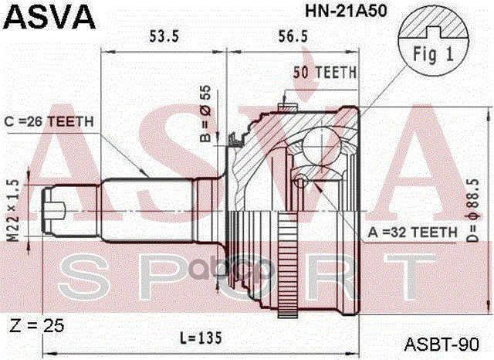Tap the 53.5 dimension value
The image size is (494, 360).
tap(164, 36)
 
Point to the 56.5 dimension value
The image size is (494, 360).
tap(293, 36)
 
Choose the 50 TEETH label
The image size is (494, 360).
tap(324, 73)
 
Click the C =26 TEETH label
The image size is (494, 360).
tap(48, 121)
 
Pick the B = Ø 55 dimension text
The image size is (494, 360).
tap(206, 115)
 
